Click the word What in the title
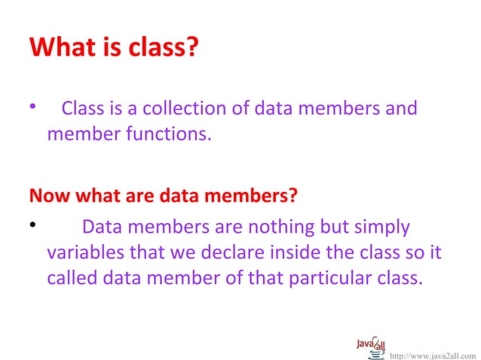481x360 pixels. pyautogui.click(x=60, y=47)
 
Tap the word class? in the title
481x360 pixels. pyautogui.click(x=159, y=47)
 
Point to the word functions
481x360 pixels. pyautogui.click(x=162, y=136)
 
